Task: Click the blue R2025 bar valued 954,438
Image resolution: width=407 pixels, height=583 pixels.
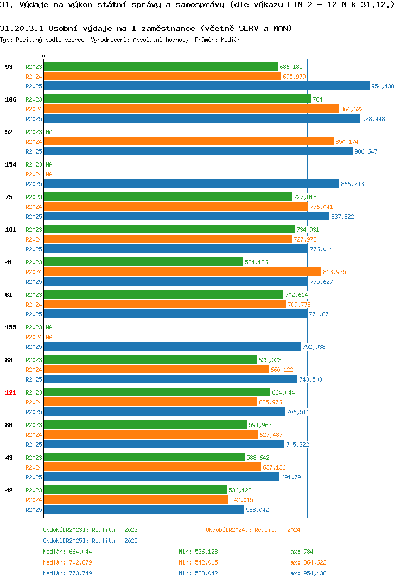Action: pyautogui.click(x=207, y=86)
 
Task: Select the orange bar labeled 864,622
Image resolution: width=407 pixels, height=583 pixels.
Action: pyautogui.click(x=192, y=109)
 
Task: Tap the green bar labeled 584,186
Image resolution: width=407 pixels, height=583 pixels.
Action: pyautogui.click(x=143, y=262)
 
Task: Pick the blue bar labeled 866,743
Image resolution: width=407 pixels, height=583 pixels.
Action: pyautogui.click(x=192, y=183)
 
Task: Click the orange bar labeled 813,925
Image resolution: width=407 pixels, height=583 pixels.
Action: pyautogui.click(x=182, y=271)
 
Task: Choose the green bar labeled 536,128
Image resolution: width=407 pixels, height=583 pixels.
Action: pyautogui.click(x=135, y=490)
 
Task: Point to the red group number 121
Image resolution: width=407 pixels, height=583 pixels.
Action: pyautogui.click(x=11, y=392)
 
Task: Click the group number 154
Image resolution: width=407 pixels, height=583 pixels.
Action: pyautogui.click(x=11, y=164)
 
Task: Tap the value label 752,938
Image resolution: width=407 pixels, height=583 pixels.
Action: pyautogui.click(x=314, y=346)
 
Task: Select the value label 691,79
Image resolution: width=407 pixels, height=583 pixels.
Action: pyautogui.click(x=291, y=477)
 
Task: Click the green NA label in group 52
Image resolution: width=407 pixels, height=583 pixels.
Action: pyautogui.click(x=49, y=132)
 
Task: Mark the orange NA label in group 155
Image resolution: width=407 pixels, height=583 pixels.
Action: pyautogui.click(x=49, y=337)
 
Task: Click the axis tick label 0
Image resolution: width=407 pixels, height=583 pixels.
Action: pyautogui.click(x=43, y=56)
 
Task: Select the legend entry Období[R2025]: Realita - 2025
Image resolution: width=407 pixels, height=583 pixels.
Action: pyautogui.click(x=90, y=541)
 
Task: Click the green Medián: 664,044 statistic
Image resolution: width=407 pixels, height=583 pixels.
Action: pyautogui.click(x=67, y=552)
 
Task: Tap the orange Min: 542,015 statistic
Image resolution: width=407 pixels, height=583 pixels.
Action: pyautogui.click(x=198, y=562)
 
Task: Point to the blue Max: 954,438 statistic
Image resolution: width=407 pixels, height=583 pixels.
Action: pyautogui.click(x=307, y=573)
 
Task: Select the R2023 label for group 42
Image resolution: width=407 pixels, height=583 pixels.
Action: pyautogui.click(x=34, y=490)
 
